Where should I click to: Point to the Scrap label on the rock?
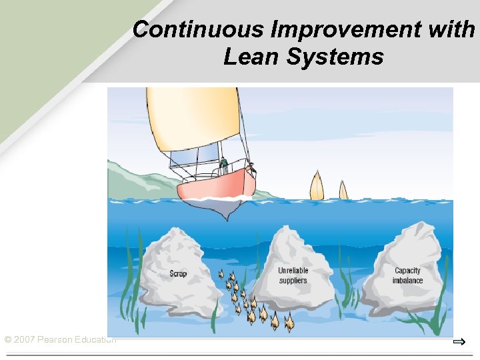(178, 273)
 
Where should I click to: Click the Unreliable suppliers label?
(293, 275)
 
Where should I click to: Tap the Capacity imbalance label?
(407, 275)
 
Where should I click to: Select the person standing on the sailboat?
(224, 164)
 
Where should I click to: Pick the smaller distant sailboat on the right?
(343, 190)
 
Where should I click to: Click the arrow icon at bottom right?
(459, 342)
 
